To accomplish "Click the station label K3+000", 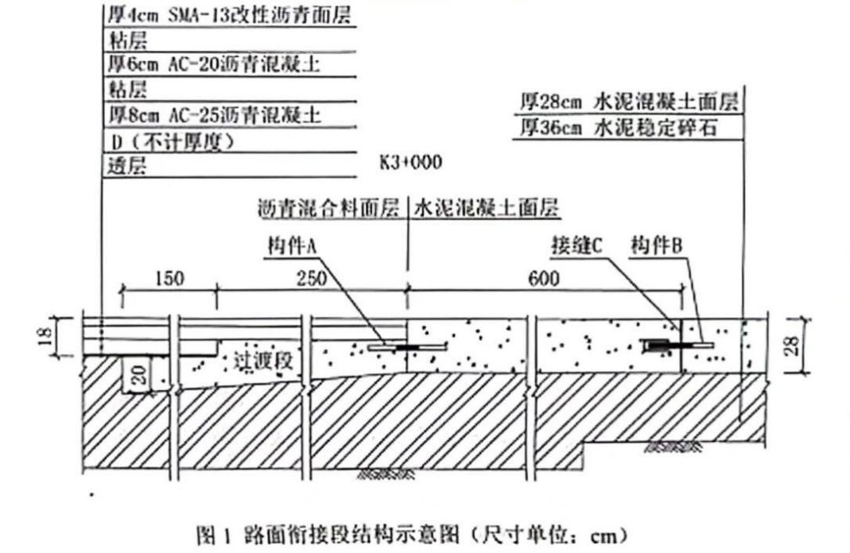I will pyautogui.click(x=410, y=163).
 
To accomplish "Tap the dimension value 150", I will pyautogui.click(x=169, y=279).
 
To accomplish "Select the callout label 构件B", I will pyautogui.click(x=656, y=246).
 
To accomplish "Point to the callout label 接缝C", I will pyautogui.click(x=578, y=246).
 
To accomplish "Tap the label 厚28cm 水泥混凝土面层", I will pyautogui.click(x=628, y=102).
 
